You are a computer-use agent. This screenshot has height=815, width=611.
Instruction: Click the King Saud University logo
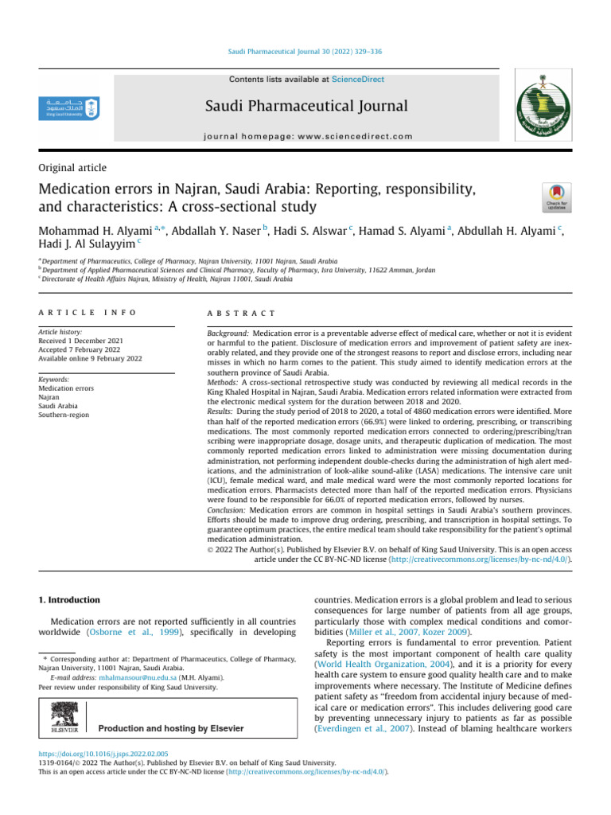point(71,107)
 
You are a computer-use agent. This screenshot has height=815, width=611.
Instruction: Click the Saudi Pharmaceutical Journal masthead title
point(306,107)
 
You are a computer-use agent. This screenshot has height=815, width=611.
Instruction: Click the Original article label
point(72,168)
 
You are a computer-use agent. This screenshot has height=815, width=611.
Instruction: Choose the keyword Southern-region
point(64,415)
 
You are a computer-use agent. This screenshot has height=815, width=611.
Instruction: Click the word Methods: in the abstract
point(215,383)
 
